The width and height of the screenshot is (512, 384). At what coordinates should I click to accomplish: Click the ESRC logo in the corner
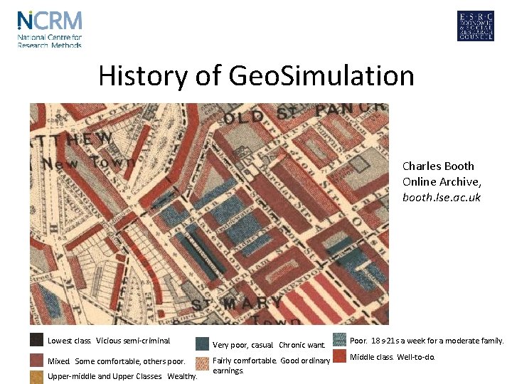coord(475,26)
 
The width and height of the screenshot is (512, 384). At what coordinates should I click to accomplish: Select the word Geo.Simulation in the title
coord(321,75)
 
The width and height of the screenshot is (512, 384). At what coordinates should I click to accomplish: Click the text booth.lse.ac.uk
coord(442,197)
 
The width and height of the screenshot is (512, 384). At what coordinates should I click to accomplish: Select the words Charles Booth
coord(438,166)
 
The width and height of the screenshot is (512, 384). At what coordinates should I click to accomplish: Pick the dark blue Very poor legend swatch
coord(202,344)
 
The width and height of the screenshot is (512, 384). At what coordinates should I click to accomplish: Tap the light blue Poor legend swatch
coord(338,340)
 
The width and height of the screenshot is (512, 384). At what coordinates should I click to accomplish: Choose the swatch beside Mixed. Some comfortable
coord(37,360)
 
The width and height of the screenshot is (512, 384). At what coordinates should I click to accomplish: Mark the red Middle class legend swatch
coord(338,356)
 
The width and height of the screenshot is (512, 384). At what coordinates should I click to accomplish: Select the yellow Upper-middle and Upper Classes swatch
coord(37,377)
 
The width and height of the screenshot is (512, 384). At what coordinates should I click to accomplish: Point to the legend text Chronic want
coord(302,346)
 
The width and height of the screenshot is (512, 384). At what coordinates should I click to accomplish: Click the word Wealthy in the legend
coord(181,377)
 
